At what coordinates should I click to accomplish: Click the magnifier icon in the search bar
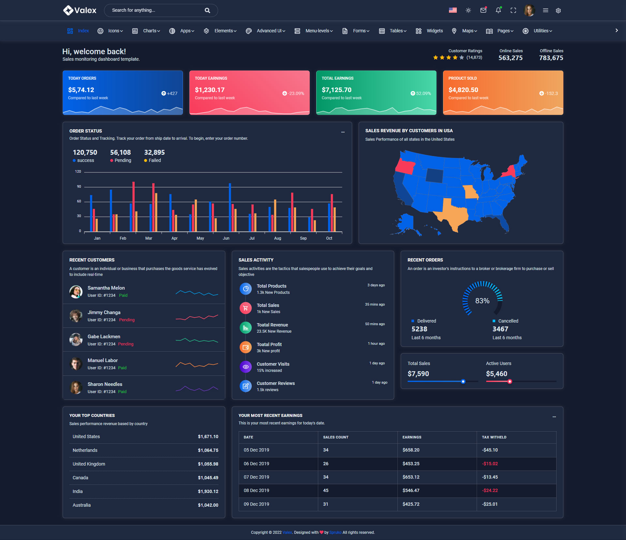(207, 10)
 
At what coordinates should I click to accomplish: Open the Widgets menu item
(434, 31)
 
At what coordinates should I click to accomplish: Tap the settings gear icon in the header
(558, 10)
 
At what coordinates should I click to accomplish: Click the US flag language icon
(453, 10)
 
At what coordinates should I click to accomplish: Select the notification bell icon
(498, 10)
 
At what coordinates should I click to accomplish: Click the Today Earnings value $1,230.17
(210, 90)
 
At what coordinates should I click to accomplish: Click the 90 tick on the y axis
(79, 186)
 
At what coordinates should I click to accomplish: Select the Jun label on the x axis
(226, 238)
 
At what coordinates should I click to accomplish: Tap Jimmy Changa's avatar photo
(76, 316)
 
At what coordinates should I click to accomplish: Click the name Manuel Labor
(103, 360)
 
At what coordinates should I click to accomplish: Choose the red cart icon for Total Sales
(246, 308)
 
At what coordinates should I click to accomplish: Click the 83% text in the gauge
(482, 301)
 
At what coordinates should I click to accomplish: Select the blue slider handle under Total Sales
(463, 381)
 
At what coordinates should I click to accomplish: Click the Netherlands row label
(85, 450)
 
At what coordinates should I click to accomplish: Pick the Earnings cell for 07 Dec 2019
(411, 477)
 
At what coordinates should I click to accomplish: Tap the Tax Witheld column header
(494, 437)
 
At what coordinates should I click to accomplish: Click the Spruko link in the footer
(335, 532)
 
